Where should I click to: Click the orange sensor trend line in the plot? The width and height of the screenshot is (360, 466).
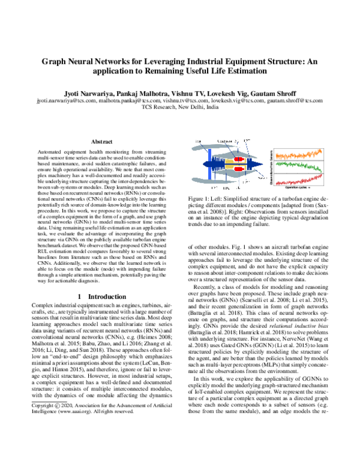[x=301, y=154]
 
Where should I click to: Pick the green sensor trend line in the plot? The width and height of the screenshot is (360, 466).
[x=301, y=166]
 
